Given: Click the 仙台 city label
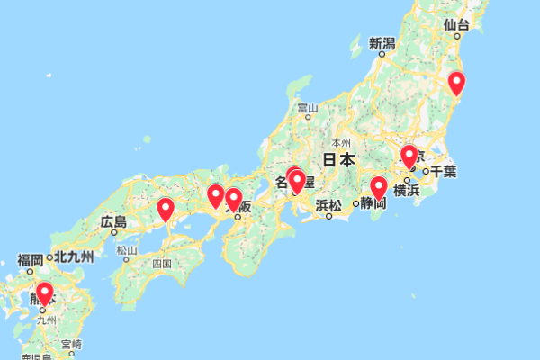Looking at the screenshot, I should [x=457, y=25].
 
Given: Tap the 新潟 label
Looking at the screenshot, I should [x=382, y=43].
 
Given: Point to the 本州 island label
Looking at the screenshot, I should [x=341, y=144].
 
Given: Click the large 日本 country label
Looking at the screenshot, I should [x=338, y=160].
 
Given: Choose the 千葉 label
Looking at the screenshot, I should [x=444, y=171].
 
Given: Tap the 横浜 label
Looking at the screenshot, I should [x=407, y=190].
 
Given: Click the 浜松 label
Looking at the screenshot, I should [x=328, y=205].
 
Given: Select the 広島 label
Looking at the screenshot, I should [x=113, y=221].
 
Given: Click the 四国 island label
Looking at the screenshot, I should [x=162, y=265].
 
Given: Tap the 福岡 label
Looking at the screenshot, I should [x=31, y=260].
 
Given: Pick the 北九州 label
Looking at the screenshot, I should [x=73, y=257].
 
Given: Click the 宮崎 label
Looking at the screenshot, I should [x=71, y=344].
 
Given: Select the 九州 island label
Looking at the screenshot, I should [x=46, y=319].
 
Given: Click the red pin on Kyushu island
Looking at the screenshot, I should [x=43, y=293].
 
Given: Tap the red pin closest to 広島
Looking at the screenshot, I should [x=166, y=210].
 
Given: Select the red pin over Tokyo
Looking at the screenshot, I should [x=409, y=157].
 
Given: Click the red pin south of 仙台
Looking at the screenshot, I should [x=456, y=83].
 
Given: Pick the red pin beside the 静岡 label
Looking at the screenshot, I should [x=379, y=188].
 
